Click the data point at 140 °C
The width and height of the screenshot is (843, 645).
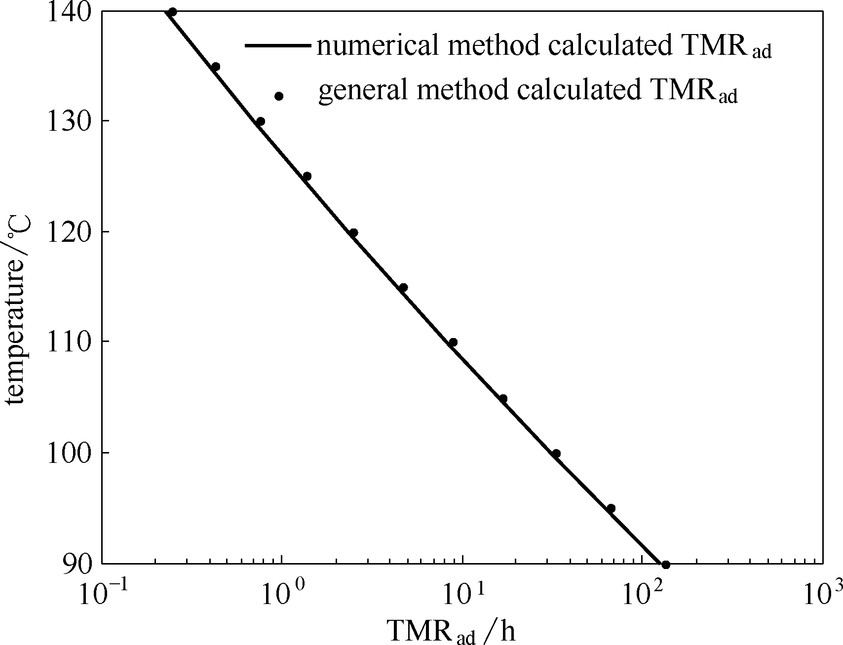[172, 12]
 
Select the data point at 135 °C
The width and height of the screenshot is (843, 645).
[215, 67]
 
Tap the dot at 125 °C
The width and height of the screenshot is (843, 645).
[307, 176]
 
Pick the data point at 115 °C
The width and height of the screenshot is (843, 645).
[403, 287]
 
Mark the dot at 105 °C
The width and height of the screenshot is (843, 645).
[503, 398]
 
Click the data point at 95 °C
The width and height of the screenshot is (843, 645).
[611, 508]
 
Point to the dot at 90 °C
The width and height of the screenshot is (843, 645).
[665, 565]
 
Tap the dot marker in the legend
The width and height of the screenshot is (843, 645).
[279, 96]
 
